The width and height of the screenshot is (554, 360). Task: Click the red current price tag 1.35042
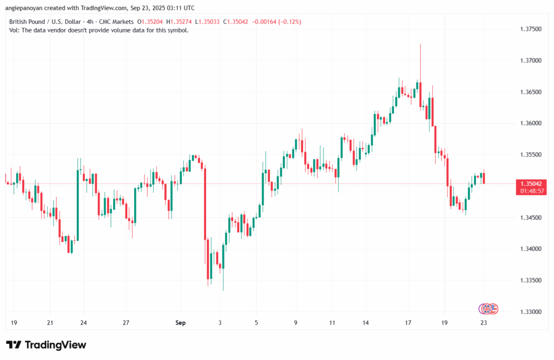(530, 184)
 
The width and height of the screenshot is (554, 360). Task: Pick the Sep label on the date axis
(181, 323)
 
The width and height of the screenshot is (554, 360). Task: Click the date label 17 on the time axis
(410, 323)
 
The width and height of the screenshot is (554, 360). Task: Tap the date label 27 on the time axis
(126, 323)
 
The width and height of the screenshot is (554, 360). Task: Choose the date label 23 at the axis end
(484, 323)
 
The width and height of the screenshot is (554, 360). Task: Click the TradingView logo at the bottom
(46, 345)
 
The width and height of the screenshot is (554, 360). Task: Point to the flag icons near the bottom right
(488, 309)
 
